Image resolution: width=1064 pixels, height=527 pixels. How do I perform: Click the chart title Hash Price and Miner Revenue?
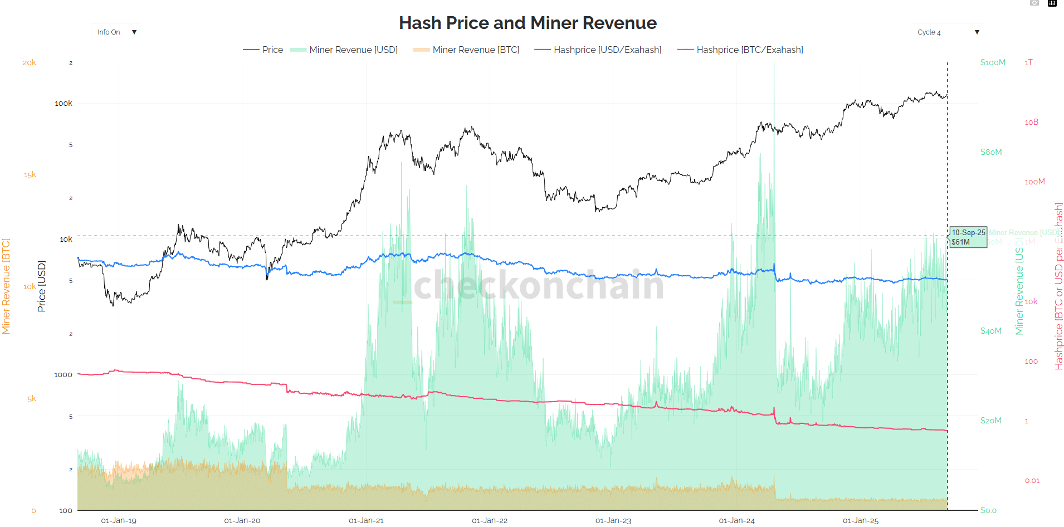coord(528,23)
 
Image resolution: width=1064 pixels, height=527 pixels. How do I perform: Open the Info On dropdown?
coord(116,32)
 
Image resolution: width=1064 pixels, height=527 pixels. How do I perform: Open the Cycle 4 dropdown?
coord(947,32)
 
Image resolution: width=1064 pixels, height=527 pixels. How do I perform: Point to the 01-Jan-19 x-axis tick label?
coord(119,520)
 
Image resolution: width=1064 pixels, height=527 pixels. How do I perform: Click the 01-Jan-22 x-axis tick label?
coord(490,520)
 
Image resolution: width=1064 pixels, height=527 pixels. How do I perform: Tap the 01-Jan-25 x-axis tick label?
coord(861,520)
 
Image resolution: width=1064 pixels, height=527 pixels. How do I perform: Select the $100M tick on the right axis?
coord(993,62)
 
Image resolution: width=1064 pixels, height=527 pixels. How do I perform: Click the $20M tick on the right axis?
coord(990,421)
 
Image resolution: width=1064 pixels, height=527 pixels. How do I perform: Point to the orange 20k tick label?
coord(30,63)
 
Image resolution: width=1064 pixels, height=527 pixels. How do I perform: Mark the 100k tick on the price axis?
coord(64,103)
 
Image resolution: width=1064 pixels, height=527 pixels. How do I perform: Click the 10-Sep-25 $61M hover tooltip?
coord(968,237)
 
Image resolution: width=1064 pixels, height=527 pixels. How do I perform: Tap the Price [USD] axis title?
coord(41,286)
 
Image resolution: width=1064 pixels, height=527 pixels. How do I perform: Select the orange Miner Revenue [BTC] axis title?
coord(6,286)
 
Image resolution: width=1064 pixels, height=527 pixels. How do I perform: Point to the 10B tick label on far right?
coord(1031,122)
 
